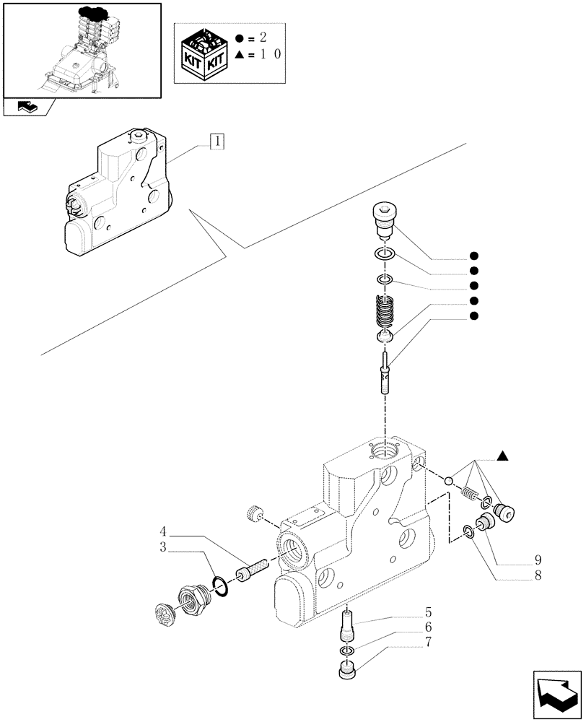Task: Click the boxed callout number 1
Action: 217,141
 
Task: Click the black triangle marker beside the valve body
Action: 503,456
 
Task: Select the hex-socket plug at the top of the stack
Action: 385,217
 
